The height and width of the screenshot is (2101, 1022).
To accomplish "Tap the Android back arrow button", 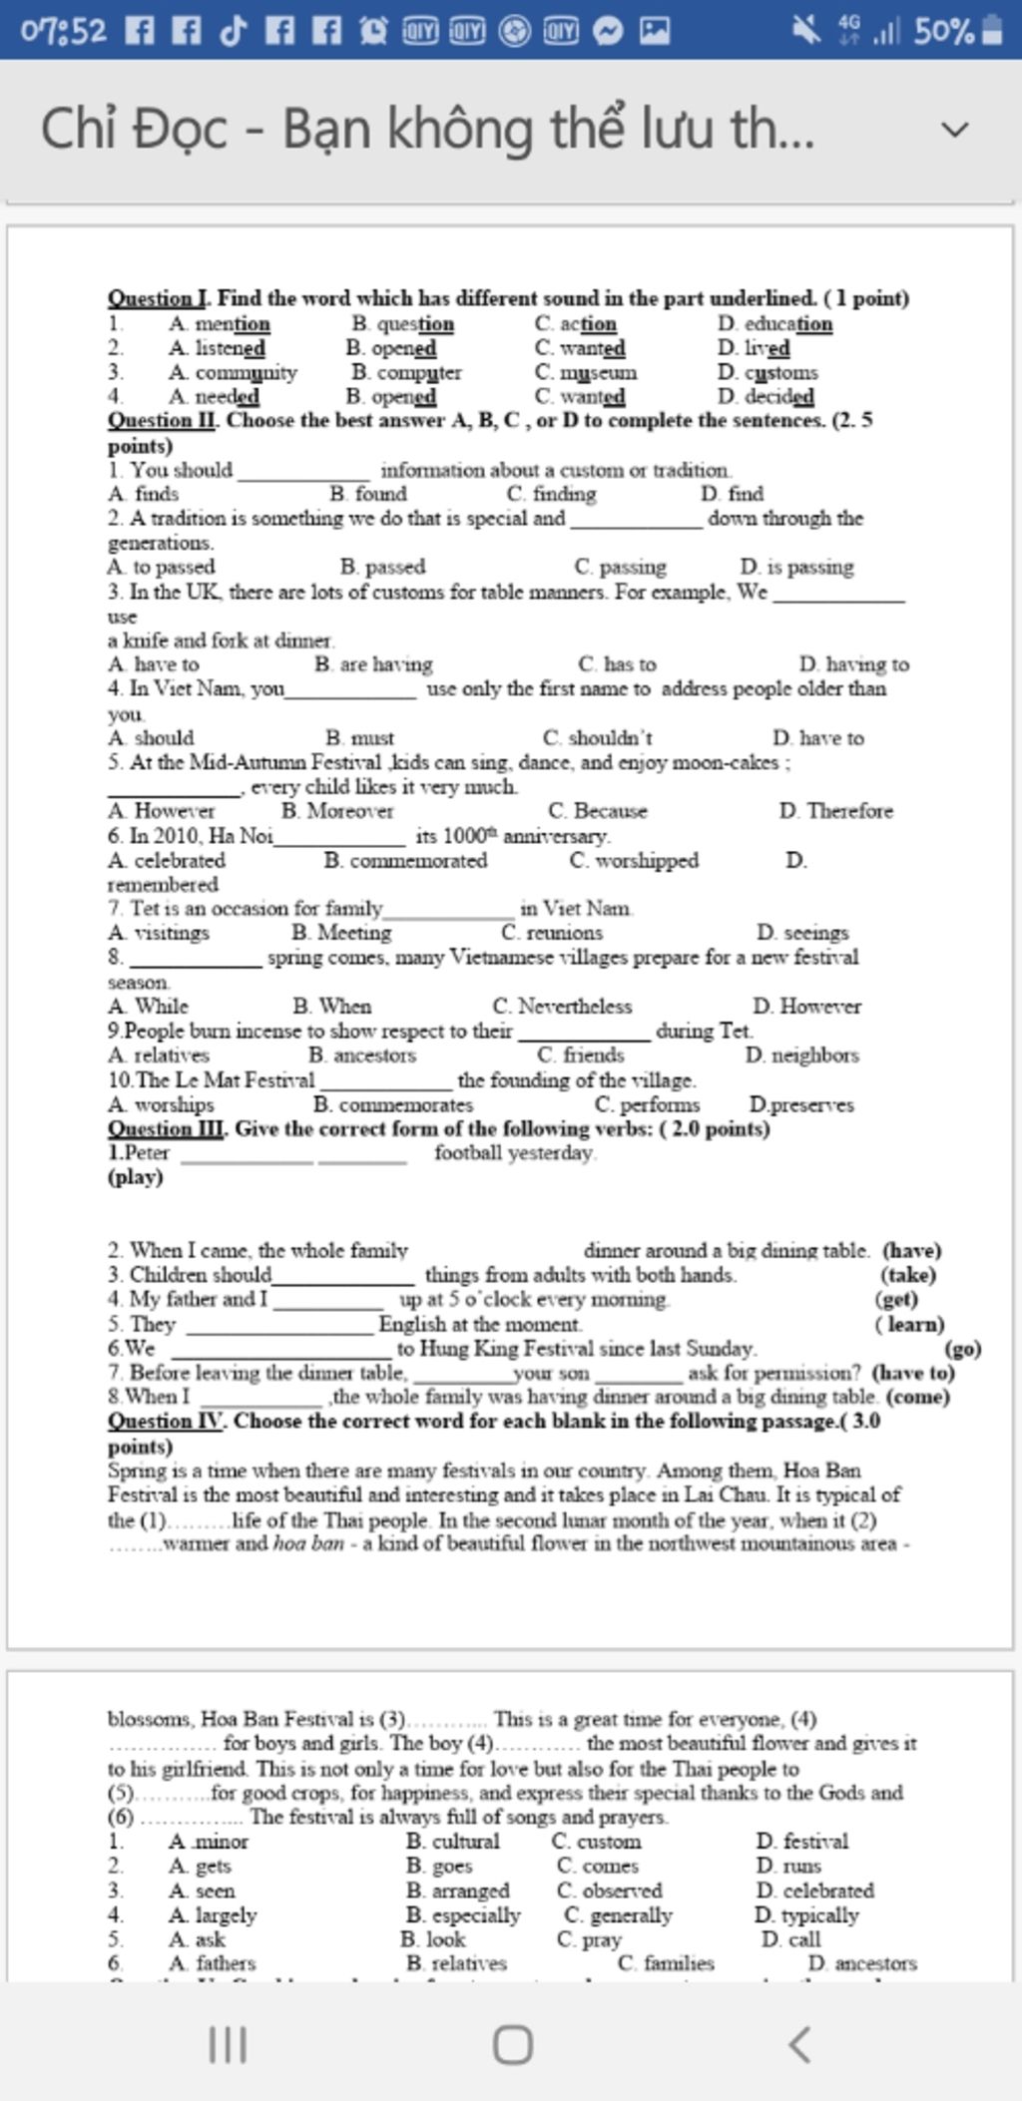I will (x=799, y=2044).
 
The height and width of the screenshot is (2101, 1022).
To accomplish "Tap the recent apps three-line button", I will (x=228, y=2044).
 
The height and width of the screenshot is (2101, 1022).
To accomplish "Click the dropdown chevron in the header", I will (x=955, y=130).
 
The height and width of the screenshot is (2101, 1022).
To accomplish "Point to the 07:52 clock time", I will (x=63, y=31).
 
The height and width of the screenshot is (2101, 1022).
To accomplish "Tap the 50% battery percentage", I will (x=943, y=31).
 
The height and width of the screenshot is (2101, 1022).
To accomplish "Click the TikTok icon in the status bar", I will (x=233, y=31).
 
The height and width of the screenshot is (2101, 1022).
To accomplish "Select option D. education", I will (x=774, y=323).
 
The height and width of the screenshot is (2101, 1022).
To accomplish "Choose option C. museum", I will (x=585, y=372).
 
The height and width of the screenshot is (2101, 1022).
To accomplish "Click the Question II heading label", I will (x=162, y=420).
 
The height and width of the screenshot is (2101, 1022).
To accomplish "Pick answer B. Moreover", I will (x=337, y=811).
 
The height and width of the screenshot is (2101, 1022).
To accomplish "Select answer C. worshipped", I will (x=634, y=860).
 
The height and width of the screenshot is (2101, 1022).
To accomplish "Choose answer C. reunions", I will (x=552, y=933).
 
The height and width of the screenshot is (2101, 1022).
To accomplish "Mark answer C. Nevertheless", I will (x=562, y=1006).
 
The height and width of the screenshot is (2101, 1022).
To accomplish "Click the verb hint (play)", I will (x=135, y=1177).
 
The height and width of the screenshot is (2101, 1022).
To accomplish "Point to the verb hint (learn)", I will (x=909, y=1324).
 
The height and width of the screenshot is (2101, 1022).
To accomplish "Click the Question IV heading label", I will (x=165, y=1421).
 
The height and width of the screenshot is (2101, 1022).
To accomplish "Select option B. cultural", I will (x=453, y=1842).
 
